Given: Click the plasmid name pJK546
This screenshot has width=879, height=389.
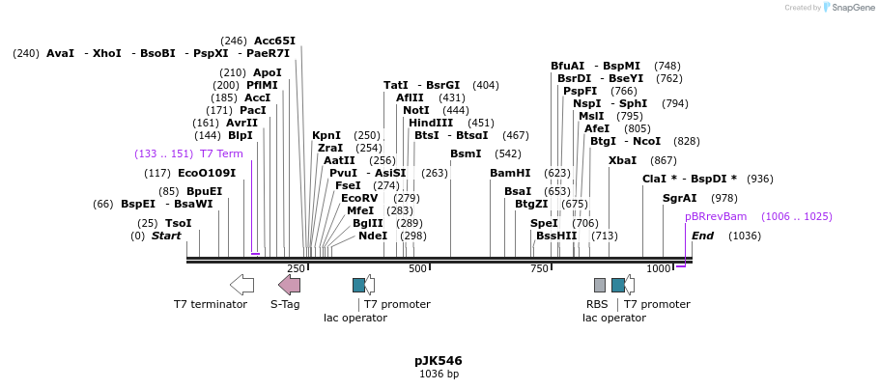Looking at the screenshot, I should click(x=438, y=361).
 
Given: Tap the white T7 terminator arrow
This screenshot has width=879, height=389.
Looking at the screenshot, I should click(x=241, y=284).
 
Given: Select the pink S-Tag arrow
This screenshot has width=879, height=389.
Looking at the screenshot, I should click(x=289, y=284).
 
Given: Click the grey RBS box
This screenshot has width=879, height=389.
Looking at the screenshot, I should click(x=600, y=285).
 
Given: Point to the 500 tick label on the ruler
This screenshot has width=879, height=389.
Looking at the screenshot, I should click(x=417, y=268).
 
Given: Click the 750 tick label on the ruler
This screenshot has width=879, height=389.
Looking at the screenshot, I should click(x=539, y=268).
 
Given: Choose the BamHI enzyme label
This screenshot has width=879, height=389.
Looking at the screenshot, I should click(x=510, y=174).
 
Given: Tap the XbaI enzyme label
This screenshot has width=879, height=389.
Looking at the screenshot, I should click(x=622, y=160).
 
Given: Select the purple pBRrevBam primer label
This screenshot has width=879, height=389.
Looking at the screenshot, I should click(x=716, y=217).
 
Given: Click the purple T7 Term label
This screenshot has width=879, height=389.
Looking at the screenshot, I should click(x=221, y=154).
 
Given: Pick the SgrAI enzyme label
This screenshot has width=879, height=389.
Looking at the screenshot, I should click(x=679, y=198).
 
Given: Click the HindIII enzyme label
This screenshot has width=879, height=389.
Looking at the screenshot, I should click(x=431, y=123).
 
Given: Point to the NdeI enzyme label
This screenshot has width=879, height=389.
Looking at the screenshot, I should click(x=372, y=236).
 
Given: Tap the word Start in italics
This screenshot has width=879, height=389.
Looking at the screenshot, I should click(x=166, y=236).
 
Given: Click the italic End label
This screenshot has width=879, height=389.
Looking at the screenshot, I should click(x=702, y=236).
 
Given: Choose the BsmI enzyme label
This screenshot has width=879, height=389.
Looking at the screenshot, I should click(x=466, y=154).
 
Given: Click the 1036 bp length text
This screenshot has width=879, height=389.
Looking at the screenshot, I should click(x=439, y=375).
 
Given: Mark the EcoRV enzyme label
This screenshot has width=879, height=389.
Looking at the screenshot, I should click(x=359, y=198).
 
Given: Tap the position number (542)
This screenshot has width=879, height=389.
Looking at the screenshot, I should click(x=508, y=154).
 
